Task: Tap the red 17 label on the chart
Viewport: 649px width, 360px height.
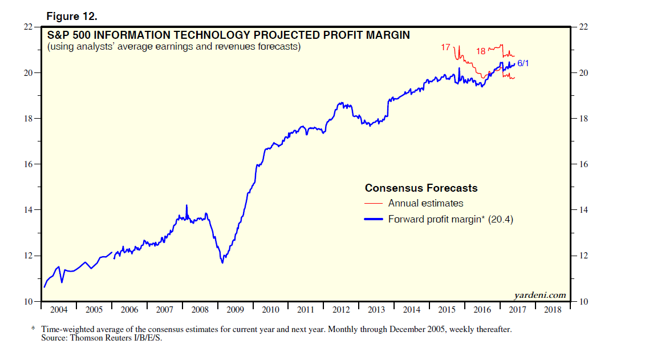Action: click(446, 47)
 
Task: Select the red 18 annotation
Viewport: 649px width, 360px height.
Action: click(481, 51)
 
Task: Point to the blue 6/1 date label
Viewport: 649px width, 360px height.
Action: click(523, 63)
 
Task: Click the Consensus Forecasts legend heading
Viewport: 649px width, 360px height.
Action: click(421, 188)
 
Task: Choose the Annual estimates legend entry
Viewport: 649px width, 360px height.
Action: click(425, 203)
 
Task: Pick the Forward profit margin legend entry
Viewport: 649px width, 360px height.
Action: click(451, 219)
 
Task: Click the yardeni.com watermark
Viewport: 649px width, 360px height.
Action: click(539, 295)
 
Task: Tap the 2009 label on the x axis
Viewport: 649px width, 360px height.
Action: click(236, 310)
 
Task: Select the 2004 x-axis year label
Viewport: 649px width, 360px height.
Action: click(59, 310)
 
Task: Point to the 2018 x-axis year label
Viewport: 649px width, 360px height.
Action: click(551, 310)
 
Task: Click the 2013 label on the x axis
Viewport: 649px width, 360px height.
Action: click(376, 310)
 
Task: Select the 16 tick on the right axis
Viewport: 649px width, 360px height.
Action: click(583, 164)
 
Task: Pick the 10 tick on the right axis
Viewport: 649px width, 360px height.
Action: click(583, 302)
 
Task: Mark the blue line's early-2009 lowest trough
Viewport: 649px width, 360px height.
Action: click(222, 262)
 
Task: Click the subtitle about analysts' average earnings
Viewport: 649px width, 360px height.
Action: click(174, 46)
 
